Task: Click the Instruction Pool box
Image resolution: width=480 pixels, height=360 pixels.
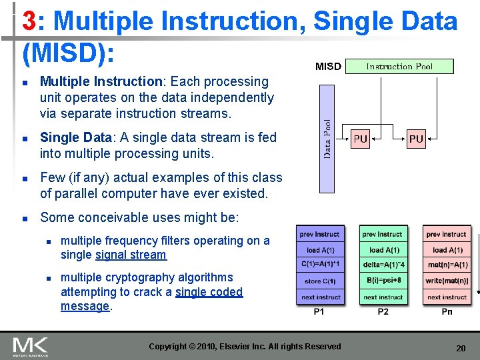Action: pyautogui.click(x=399, y=66)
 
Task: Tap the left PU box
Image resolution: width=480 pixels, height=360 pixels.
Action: pyautogui.click(x=360, y=139)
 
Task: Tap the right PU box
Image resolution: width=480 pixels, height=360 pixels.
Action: pyautogui.click(x=416, y=139)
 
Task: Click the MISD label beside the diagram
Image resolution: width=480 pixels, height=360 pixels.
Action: pyautogui.click(x=328, y=67)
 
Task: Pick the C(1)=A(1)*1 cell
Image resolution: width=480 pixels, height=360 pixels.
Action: pyautogui.click(x=321, y=265)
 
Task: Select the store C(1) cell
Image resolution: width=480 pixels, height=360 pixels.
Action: pyautogui.click(x=321, y=281)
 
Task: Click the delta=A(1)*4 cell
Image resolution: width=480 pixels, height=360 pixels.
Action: pyautogui.click(x=383, y=265)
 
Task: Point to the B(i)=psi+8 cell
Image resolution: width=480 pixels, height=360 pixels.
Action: pyautogui.click(x=383, y=281)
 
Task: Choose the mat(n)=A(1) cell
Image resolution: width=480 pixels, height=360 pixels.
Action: pyautogui.click(x=446, y=265)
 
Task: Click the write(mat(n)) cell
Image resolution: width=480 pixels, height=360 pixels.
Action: pyautogui.click(x=446, y=281)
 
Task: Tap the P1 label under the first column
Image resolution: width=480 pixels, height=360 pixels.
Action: pyautogui.click(x=321, y=312)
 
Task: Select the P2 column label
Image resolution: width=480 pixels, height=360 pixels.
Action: pyautogui.click(x=383, y=312)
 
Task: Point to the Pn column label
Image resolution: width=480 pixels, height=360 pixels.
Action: pyautogui.click(x=446, y=312)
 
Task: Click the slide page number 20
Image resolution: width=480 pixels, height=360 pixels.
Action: pyautogui.click(x=460, y=348)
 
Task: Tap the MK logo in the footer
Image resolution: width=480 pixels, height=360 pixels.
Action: pyautogui.click(x=30, y=347)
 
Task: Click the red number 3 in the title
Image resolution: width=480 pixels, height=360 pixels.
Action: pyautogui.click(x=29, y=21)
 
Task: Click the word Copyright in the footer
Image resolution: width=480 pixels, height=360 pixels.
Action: pyautogui.click(x=168, y=346)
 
